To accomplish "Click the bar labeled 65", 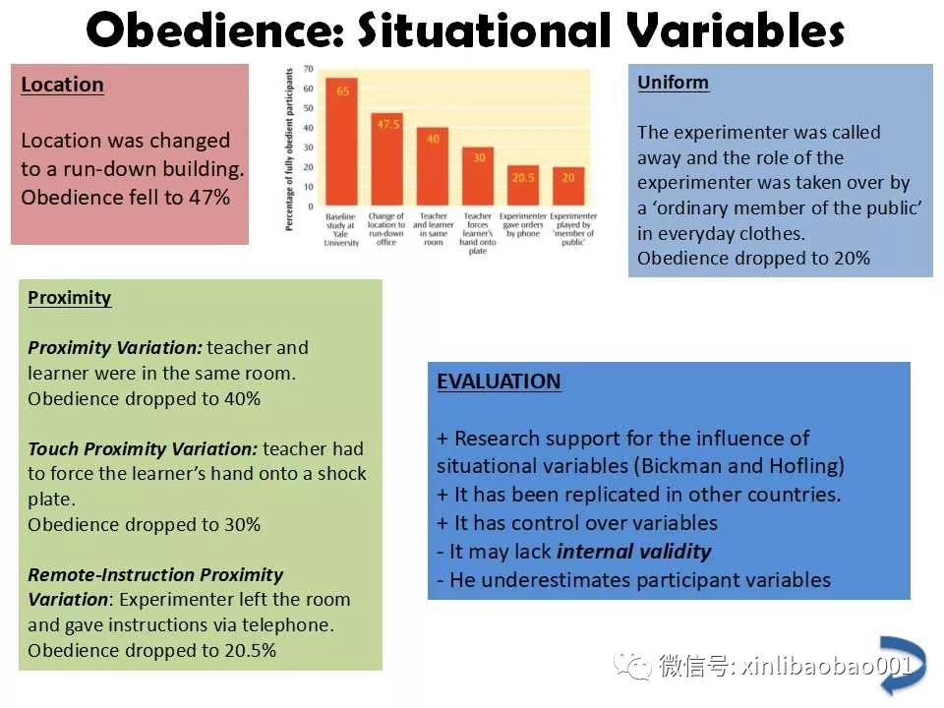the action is [341, 142].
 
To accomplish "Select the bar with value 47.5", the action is [387, 159].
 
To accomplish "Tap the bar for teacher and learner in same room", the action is [433, 166].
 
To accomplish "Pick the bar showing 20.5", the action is [523, 186].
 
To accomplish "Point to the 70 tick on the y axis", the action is [308, 69].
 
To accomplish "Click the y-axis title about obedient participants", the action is [289, 149].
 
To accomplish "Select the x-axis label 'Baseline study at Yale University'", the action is [341, 229].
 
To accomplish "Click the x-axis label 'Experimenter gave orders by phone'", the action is [523, 224].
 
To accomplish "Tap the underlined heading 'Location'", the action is [62, 85].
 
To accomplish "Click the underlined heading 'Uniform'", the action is [673, 83].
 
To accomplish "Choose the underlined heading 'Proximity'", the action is [69, 298].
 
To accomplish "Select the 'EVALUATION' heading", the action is [499, 382].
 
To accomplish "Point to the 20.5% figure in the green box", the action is [251, 651].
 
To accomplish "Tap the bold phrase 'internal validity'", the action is [634, 552].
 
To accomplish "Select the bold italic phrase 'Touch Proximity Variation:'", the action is [143, 449].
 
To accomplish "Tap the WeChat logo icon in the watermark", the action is [632, 666].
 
